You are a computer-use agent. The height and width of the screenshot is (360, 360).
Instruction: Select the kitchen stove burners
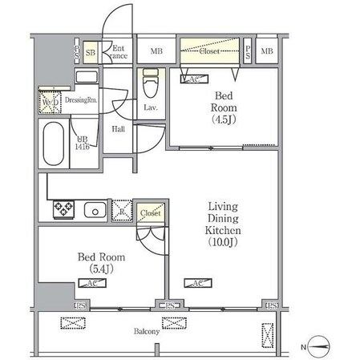(63, 210)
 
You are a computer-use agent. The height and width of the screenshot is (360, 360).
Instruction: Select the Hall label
(118, 128)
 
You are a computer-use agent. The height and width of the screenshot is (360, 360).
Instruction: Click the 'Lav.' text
(150, 107)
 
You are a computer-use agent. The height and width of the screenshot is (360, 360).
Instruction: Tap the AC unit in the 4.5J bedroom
(192, 79)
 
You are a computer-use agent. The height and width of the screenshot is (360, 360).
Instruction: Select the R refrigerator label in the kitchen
(121, 212)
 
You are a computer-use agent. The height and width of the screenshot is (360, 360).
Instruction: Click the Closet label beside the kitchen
(150, 212)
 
